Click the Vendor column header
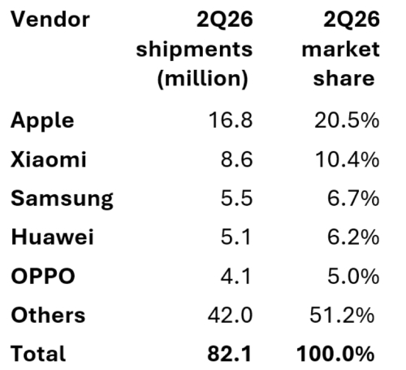tap(50, 20)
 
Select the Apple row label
tap(42, 120)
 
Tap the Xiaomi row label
tap(49, 159)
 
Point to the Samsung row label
tap(62, 199)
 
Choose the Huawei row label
tap(53, 237)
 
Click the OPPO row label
tap(43, 276)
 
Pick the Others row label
tap(48, 315)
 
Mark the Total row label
tap(38, 354)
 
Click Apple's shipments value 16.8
tap(231, 120)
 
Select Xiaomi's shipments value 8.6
tap(237, 159)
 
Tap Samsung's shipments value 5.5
tap(237, 198)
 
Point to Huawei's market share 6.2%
tap(353, 237)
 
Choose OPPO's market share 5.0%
tap(353, 276)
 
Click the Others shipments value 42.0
tap(230, 315)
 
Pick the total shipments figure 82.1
tap(230, 354)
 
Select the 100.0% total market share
tap(335, 354)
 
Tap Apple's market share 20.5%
tap(347, 120)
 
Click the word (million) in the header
tap(202, 79)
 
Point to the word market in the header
tap(340, 49)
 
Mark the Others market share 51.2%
tap(342, 315)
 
